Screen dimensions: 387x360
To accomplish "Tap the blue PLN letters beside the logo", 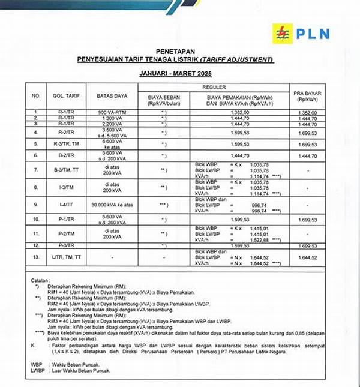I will click(313, 33).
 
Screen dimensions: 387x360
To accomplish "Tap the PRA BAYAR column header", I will click(307, 95).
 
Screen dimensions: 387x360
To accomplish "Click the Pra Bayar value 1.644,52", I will click(307, 257).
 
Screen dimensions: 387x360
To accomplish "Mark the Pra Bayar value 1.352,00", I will click(307, 112).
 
